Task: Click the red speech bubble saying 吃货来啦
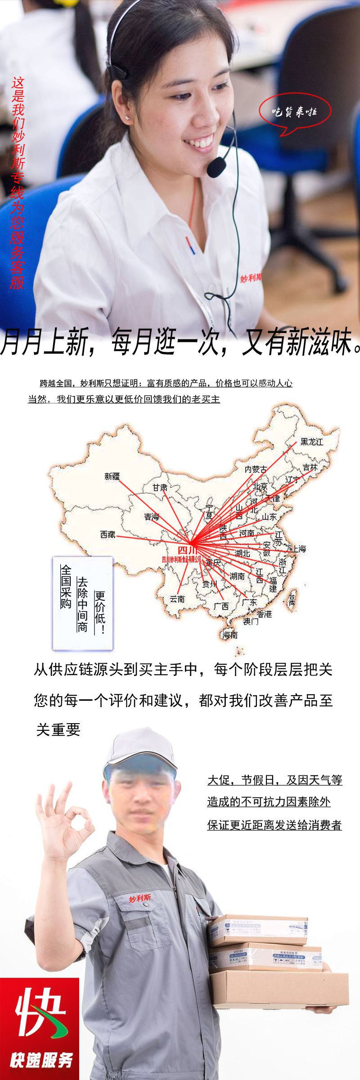click(295, 112)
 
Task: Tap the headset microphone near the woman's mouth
click(216, 166)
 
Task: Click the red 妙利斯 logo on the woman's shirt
click(251, 278)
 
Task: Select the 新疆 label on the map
click(112, 476)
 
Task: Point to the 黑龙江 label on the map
click(312, 441)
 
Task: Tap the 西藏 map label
click(108, 535)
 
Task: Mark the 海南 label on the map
click(230, 635)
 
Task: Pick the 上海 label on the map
click(299, 549)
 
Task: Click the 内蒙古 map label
click(256, 469)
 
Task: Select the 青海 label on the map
click(152, 517)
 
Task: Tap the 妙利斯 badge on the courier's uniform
click(140, 898)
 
